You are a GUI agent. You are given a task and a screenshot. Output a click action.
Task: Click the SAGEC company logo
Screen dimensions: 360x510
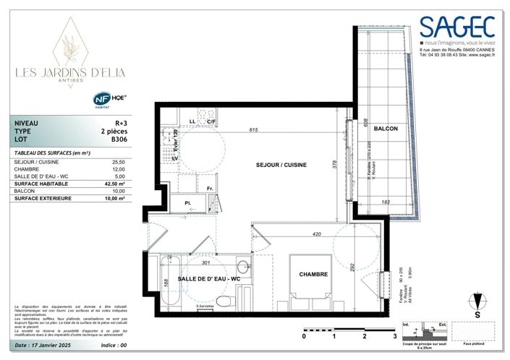(458, 28)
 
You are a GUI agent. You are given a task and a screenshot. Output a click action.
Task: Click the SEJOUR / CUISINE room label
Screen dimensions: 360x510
(281, 165)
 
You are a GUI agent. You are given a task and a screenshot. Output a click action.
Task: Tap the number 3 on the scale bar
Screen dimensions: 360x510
(394, 337)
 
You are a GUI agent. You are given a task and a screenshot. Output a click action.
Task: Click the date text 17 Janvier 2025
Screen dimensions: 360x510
(51, 346)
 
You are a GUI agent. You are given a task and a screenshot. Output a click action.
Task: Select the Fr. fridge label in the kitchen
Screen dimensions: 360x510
(208, 189)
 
